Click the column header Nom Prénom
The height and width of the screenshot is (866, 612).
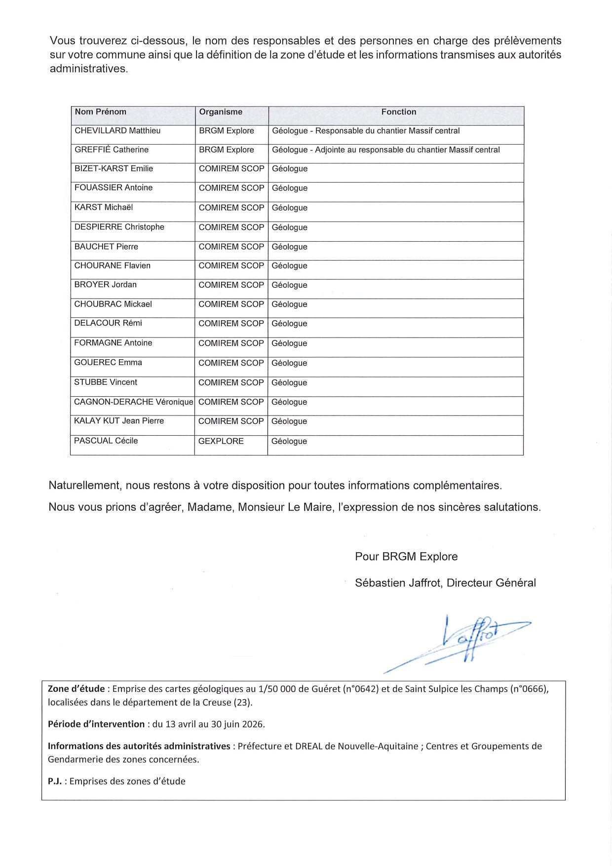pos(101,112)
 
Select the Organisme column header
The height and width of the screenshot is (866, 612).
pos(221,112)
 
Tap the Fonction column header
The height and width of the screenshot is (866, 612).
pos(399,112)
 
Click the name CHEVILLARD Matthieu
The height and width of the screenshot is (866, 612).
pos(117,131)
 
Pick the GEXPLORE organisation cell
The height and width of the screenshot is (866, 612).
pos(221,441)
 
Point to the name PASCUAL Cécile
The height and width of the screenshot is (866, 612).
pos(106,441)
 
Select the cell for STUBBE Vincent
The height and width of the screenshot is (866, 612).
pos(106,382)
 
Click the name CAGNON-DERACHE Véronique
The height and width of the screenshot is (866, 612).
pos(133,402)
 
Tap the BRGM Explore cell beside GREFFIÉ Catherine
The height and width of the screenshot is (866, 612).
pos(227,150)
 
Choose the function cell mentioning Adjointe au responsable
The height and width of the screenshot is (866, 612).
pos(386,150)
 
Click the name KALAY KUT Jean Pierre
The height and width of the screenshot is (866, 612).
pos(119,421)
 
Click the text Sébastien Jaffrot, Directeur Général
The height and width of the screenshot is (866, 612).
pos(445,583)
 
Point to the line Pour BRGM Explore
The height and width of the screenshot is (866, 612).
pos(406,557)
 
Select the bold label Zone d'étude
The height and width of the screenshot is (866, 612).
pos(76,689)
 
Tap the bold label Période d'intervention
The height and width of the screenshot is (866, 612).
pos(96,724)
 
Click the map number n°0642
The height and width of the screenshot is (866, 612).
pos(360,689)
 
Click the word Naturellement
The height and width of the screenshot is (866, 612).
pos(84,486)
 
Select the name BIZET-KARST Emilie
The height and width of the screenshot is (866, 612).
pos(114,169)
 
